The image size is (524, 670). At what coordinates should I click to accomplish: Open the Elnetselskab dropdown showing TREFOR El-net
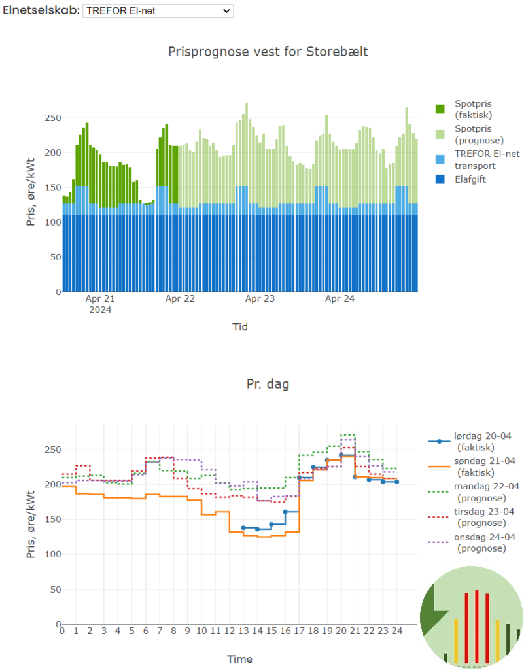(158, 10)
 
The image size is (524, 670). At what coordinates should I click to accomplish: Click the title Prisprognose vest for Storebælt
(268, 51)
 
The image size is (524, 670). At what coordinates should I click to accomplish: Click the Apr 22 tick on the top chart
(180, 299)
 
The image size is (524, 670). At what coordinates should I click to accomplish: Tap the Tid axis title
(240, 326)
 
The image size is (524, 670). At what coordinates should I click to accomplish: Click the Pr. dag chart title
(268, 384)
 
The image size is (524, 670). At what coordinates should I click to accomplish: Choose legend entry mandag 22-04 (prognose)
(487, 492)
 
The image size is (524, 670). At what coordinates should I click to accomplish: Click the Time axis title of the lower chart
(239, 659)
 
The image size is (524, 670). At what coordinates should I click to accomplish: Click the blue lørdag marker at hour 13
(243, 527)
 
